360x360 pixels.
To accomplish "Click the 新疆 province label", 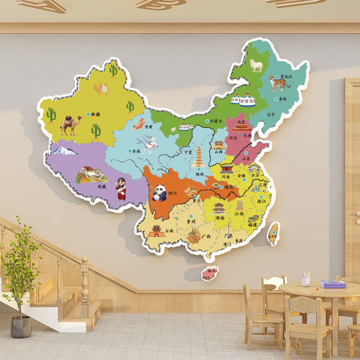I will [95, 114].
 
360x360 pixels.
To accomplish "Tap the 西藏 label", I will [102, 186].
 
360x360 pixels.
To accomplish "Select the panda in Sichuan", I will [158, 193].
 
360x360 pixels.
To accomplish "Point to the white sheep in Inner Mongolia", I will [256, 66].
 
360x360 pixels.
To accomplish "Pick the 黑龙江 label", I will [286, 77].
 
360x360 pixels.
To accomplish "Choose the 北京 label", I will [241, 122].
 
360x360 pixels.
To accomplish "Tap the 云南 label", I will [169, 231].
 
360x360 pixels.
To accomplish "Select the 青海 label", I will [136, 151].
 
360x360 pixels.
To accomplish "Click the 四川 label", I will [172, 193].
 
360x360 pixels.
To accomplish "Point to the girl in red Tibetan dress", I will [121, 188].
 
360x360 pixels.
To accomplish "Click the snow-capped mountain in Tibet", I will [65, 150].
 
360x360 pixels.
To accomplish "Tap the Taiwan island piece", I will [273, 233].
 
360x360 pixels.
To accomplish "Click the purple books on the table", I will [333, 284].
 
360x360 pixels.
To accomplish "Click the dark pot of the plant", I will [21, 327].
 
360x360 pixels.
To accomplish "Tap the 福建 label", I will [253, 225].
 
